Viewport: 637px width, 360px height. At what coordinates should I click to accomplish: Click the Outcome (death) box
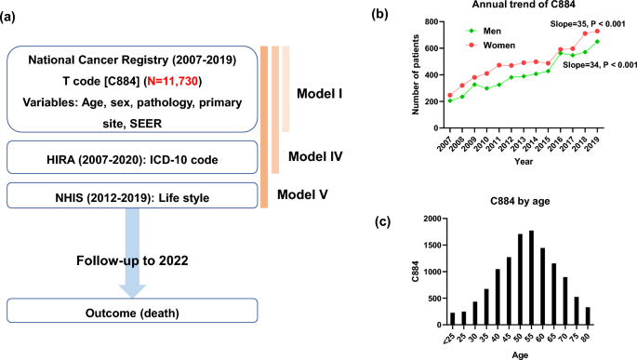point(131,312)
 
